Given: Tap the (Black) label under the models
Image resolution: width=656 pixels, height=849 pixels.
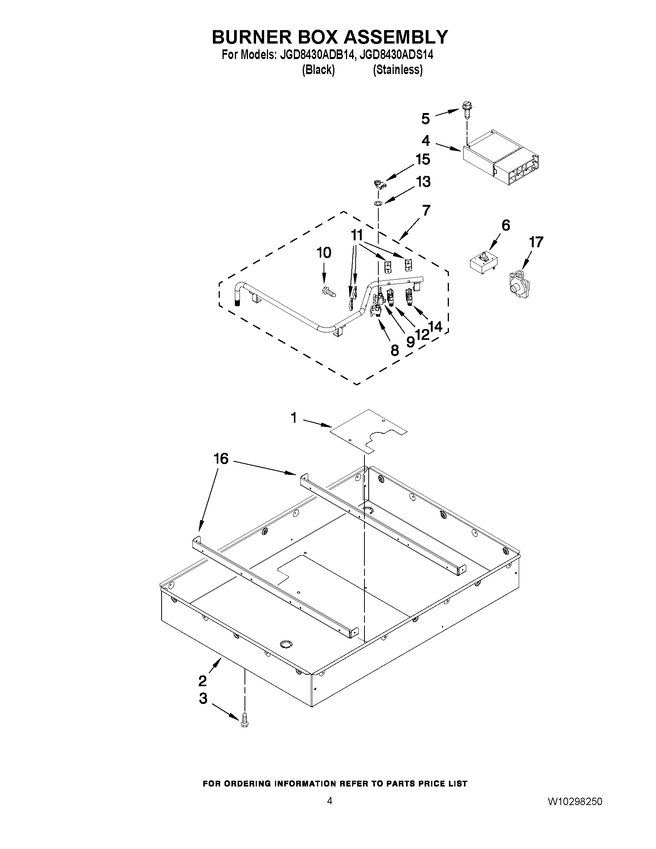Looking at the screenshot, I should tap(318, 70).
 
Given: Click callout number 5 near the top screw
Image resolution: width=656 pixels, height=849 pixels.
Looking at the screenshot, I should tap(425, 118).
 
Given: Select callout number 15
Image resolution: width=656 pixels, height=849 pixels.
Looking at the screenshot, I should tap(423, 159).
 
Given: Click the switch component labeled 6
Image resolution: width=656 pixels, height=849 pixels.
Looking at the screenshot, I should tap(484, 263).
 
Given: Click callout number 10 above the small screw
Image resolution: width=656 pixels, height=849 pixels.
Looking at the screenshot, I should tap(324, 253).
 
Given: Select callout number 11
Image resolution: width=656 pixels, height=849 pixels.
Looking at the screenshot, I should tap(357, 235).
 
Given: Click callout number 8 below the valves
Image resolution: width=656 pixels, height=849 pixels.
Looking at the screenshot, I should tap(394, 351).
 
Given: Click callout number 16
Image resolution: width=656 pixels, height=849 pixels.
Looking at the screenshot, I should tap(221, 459).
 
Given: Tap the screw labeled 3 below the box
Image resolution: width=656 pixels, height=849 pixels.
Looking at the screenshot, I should tap(245, 719).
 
